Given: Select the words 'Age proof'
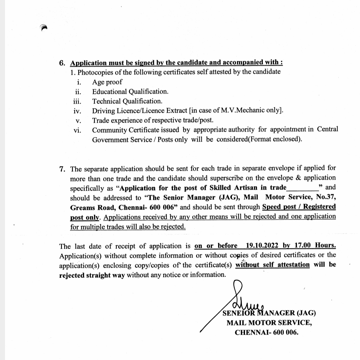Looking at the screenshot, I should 107,82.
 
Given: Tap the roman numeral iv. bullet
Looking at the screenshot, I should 77,111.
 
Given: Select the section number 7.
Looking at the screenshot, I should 62,168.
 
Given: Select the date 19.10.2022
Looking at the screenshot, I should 262,246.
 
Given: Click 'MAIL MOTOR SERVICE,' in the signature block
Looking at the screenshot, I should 269,323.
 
